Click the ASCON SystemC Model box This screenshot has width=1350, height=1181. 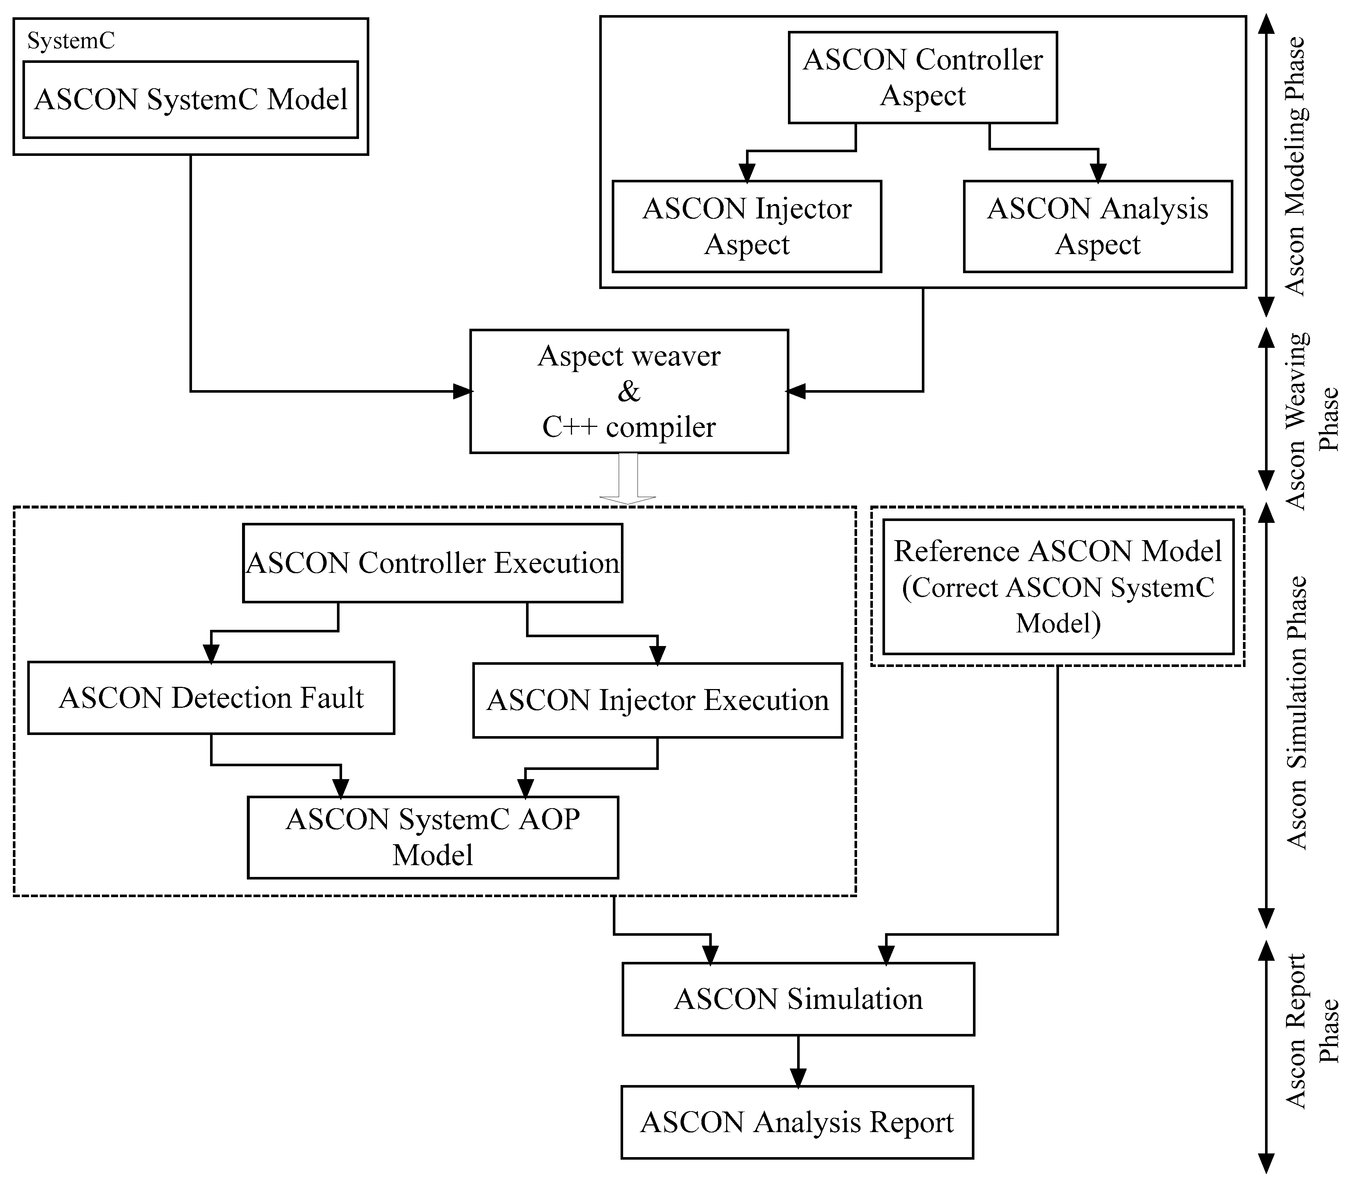(x=191, y=100)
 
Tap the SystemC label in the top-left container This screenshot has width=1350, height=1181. (x=71, y=41)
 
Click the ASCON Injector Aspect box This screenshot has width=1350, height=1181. (x=746, y=226)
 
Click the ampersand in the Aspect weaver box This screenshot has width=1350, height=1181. (x=629, y=392)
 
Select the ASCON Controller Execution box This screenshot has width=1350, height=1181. (x=433, y=563)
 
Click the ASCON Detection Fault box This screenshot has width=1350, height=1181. (x=211, y=697)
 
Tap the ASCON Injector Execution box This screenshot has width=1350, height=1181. (x=657, y=700)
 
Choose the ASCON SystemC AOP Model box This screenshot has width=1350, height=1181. (x=433, y=837)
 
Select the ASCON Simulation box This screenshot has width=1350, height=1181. (x=797, y=999)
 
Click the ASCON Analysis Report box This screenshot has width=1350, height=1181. (x=797, y=1122)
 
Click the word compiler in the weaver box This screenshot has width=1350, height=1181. (x=661, y=427)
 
